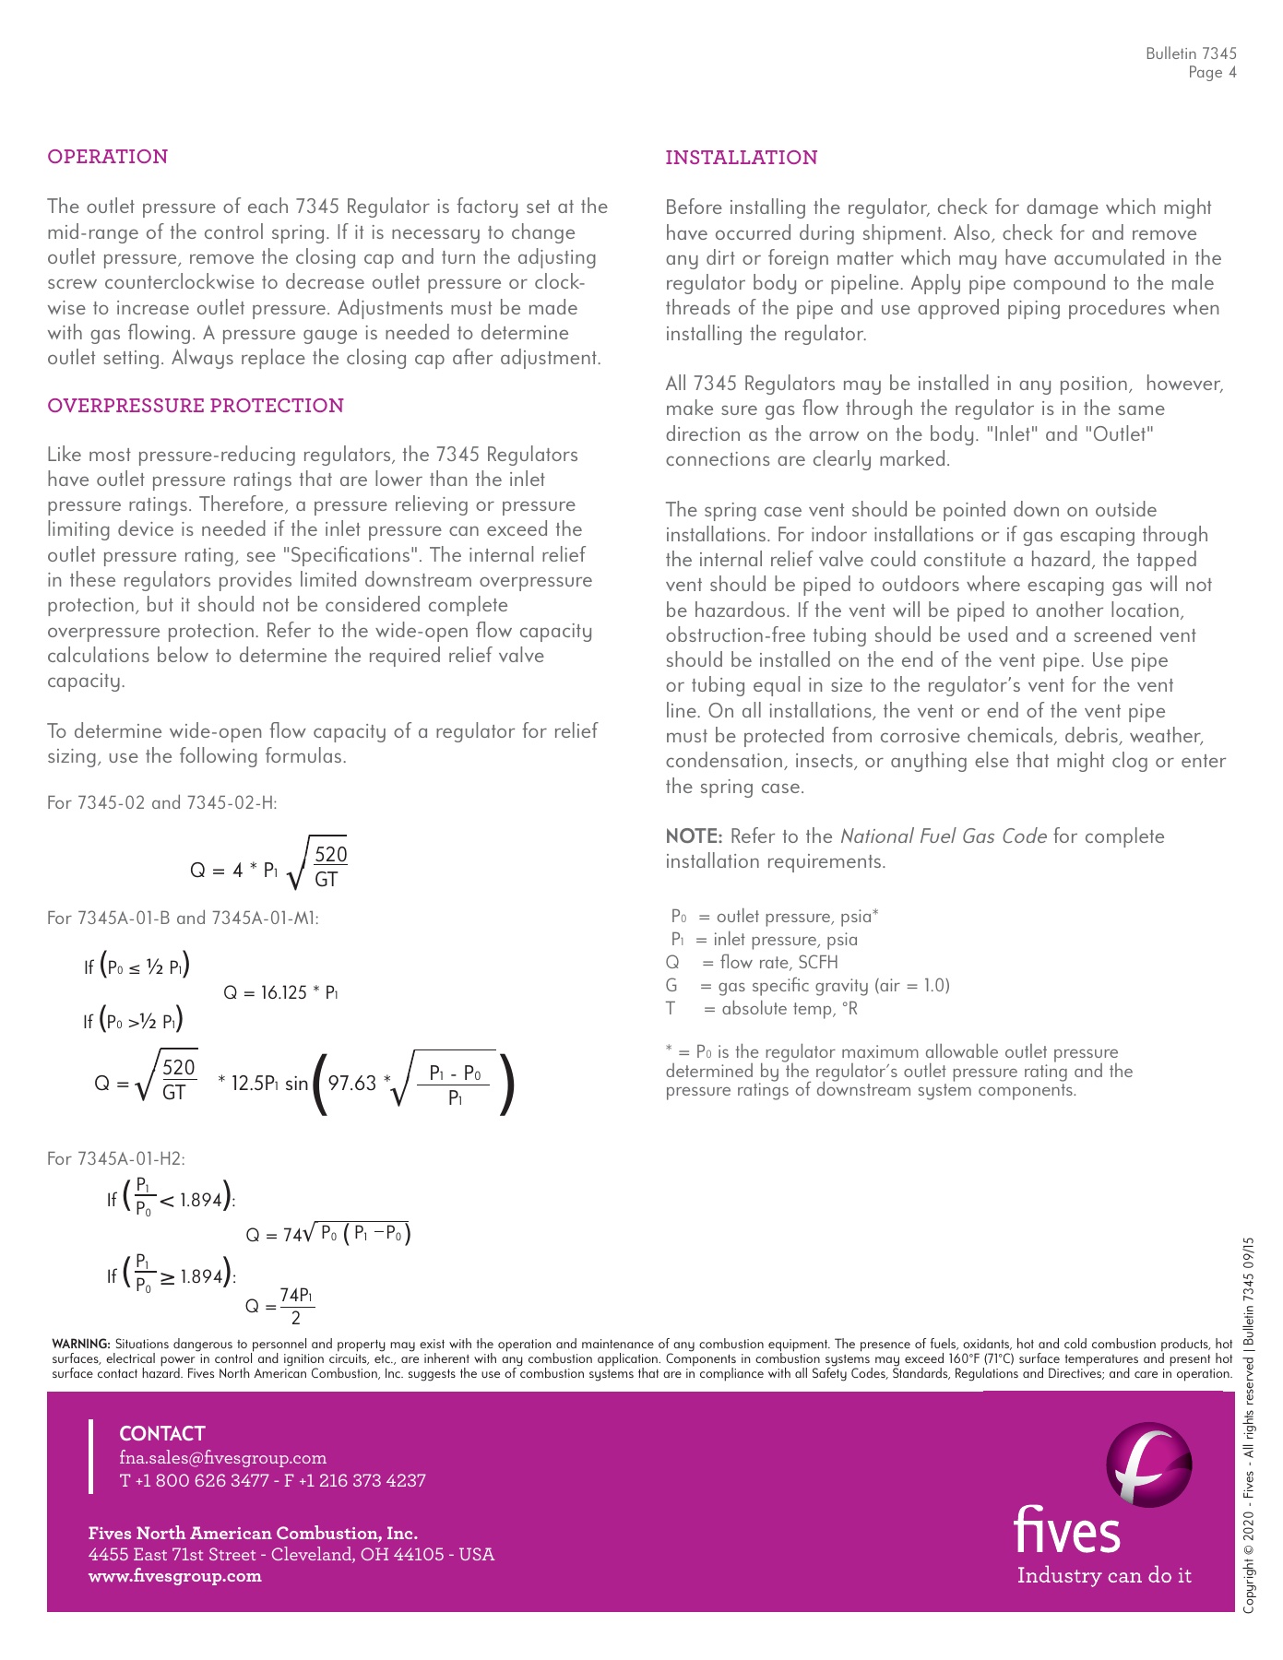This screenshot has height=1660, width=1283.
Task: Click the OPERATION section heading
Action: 107,157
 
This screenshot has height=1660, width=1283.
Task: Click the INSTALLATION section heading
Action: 741,158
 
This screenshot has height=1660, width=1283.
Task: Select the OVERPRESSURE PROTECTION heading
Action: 196,406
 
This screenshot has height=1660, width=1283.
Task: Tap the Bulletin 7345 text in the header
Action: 1191,53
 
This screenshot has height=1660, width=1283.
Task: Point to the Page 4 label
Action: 1212,73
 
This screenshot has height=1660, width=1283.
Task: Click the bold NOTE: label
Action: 694,836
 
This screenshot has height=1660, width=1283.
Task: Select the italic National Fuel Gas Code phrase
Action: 943,836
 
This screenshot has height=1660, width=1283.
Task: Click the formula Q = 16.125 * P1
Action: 280,993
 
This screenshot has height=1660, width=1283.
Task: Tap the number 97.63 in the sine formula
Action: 352,1083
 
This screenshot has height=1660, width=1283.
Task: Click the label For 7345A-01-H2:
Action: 116,1159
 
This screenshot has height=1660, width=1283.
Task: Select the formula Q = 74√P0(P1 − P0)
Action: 327,1235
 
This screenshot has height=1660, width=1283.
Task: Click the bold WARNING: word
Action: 81,1345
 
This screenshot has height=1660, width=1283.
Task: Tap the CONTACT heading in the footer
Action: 162,1434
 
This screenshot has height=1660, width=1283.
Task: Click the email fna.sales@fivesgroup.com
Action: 222,1458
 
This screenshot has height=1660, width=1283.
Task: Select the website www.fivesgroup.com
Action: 174,1576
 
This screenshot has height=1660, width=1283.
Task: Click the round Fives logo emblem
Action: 1148,1464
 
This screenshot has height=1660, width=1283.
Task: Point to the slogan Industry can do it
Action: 1104,1576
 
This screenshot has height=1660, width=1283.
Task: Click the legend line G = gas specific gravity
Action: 807,986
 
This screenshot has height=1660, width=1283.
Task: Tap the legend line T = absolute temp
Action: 762,1009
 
